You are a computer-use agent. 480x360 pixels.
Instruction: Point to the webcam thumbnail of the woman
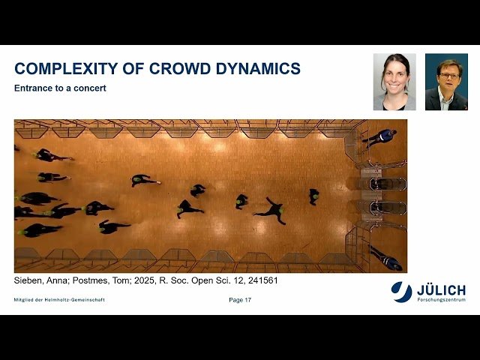[394, 82]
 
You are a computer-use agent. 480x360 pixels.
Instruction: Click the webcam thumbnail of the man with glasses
[446, 82]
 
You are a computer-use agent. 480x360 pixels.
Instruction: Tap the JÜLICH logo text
[441, 289]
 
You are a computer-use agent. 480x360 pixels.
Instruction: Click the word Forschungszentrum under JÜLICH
[441, 299]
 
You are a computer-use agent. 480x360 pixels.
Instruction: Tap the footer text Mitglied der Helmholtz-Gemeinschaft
[59, 300]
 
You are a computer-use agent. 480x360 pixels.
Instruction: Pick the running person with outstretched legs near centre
[271, 210]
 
